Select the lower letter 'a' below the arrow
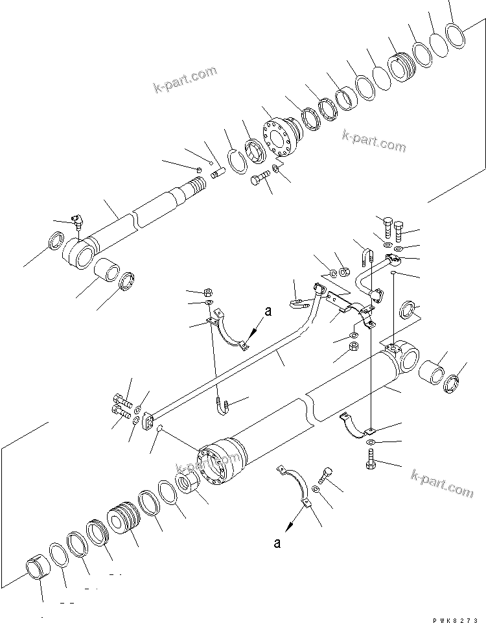[x=277, y=543]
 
